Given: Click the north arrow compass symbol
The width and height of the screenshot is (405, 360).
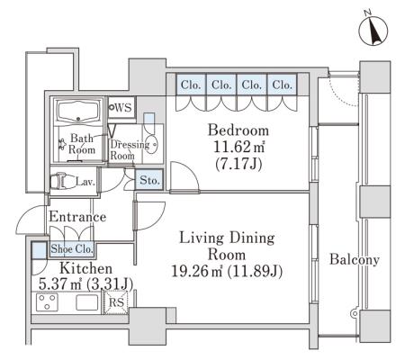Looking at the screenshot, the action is point(373,31).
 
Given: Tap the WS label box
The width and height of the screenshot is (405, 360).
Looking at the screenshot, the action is point(121,107).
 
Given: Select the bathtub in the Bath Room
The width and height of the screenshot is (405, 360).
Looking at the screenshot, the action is point(78,112).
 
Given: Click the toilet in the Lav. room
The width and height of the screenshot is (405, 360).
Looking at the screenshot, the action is point(62,180).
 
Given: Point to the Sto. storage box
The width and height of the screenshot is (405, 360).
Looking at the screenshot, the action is point(149,180).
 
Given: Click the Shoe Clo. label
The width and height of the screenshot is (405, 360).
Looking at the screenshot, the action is point(72,249).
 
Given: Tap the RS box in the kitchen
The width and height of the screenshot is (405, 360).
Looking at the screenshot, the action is point(116,302).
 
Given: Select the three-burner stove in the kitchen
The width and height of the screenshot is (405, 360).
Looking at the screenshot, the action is point(47,302).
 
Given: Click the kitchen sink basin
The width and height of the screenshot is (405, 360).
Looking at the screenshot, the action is point(87,302).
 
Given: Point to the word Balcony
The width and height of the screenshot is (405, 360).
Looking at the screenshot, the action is point(355,259).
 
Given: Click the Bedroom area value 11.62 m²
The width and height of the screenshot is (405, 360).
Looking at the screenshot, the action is point(239,147).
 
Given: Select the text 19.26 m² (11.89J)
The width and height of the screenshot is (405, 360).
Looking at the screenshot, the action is point(227,272).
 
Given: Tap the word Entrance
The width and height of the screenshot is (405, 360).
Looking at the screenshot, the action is point(77,217).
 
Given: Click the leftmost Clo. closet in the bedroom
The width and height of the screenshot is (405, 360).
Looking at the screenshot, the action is point(191,85).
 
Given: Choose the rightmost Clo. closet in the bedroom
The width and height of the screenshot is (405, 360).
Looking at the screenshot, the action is point(283,85).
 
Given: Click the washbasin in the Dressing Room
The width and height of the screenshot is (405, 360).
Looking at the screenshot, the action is point(151,144).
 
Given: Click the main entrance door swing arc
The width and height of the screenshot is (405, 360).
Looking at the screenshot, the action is point(24,216).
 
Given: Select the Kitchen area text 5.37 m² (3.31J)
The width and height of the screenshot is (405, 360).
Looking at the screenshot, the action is point(85,283).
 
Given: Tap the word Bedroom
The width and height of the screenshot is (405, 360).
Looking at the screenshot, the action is point(238,130).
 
